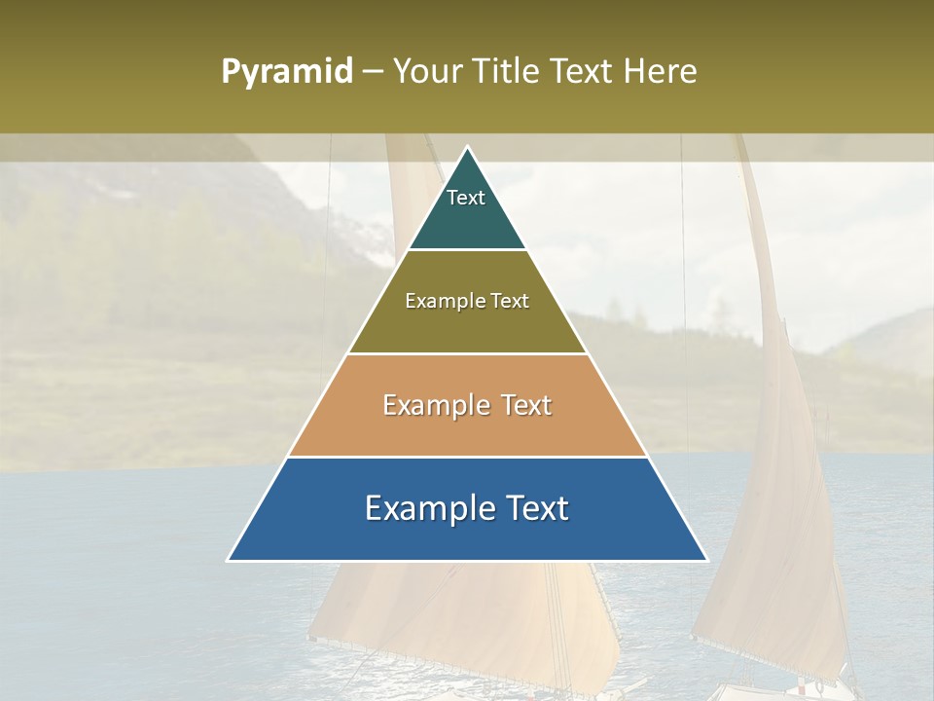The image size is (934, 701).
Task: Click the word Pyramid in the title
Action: [x=286, y=72]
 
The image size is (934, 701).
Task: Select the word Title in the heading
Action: [x=507, y=72]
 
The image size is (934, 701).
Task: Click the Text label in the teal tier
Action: [x=466, y=198]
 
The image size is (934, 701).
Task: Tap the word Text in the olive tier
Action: [x=511, y=301]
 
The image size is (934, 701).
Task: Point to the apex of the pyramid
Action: [x=467, y=148]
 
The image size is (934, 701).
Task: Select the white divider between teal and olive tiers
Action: [x=467, y=250]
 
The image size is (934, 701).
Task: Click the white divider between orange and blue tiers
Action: [x=467, y=457]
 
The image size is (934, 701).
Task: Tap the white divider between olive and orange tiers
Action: [x=467, y=353]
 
